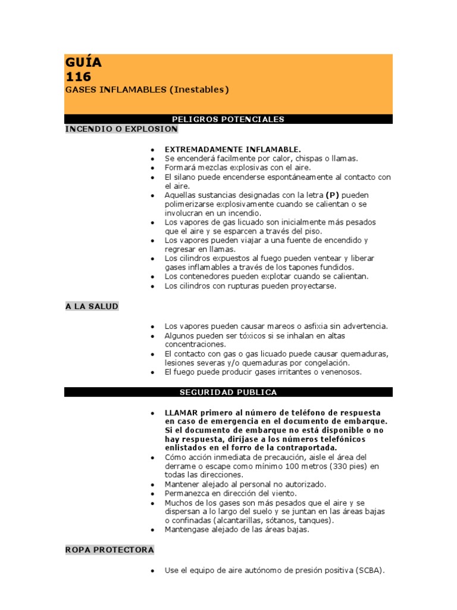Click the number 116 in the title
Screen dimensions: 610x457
click(79, 77)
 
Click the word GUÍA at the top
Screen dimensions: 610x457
click(83, 63)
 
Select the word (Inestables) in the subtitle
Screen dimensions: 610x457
click(199, 90)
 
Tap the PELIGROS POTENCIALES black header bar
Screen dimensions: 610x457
click(228, 119)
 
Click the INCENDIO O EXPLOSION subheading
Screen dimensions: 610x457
click(121, 129)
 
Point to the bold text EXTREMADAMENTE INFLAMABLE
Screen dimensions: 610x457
click(233, 149)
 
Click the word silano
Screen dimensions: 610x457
click(183, 178)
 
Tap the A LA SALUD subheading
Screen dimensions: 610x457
click(92, 306)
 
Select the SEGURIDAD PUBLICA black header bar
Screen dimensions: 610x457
click(228, 392)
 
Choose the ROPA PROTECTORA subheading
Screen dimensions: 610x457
click(109, 549)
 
